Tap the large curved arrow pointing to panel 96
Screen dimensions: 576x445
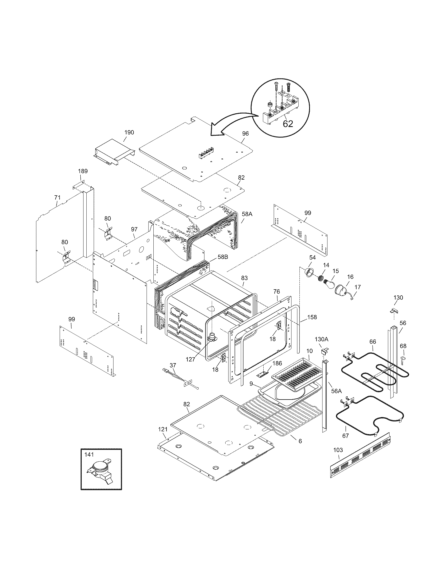[232, 125]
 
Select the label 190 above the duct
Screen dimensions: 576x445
[129, 132]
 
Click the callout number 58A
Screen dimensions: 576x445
[247, 214]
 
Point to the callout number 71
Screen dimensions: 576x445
[57, 197]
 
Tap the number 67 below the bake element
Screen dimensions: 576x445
[345, 436]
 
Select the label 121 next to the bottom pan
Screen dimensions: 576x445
[163, 429]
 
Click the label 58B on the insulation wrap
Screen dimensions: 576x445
[223, 257]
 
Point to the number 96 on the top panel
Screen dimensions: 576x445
[245, 134]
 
